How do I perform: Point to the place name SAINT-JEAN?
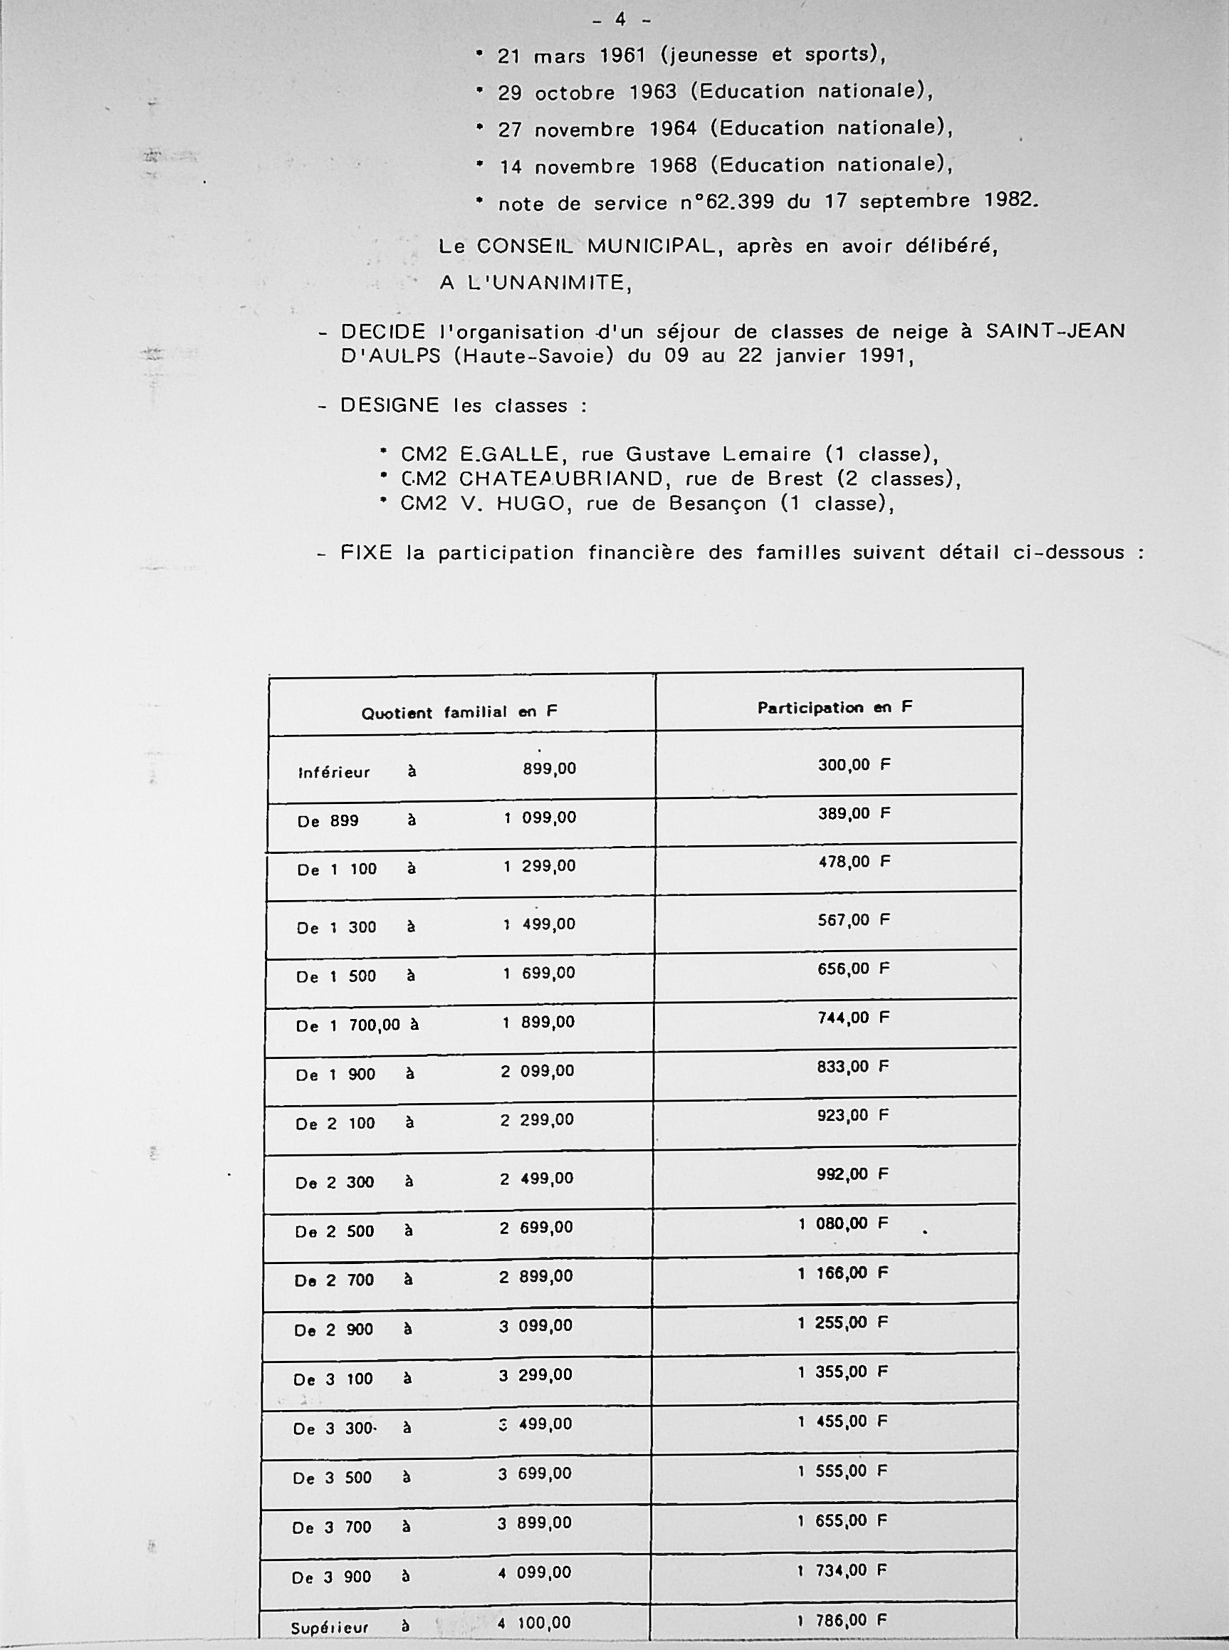pos(1055,331)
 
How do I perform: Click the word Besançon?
pos(717,503)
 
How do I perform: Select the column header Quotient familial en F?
pos(459,713)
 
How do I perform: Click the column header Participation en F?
pos(835,707)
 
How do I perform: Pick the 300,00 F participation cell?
pos(854,765)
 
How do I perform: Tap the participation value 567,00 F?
pos(853,920)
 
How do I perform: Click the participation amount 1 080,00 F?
pos(843,1223)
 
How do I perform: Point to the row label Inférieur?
pos(334,773)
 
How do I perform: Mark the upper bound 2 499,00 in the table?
pos(536,1179)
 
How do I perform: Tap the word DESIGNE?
pos(389,405)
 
